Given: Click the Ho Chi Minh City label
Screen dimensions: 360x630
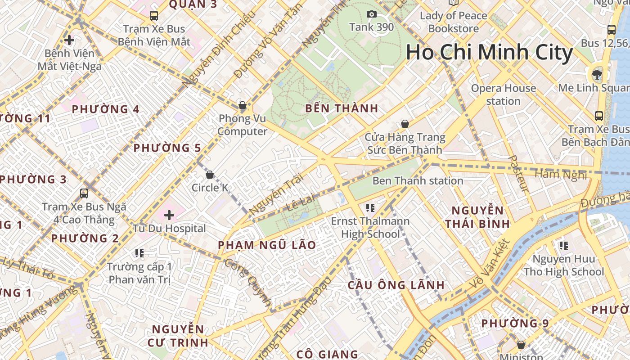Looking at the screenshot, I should click(x=489, y=52).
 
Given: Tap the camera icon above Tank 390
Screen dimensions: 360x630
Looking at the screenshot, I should click(x=371, y=14).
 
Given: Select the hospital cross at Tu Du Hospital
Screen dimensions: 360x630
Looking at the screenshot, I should click(x=169, y=215).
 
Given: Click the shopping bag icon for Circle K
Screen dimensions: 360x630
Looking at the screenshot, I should click(x=210, y=175).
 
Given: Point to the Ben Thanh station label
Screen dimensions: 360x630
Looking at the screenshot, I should click(x=418, y=181).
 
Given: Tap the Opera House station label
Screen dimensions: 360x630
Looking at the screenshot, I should click(x=503, y=94).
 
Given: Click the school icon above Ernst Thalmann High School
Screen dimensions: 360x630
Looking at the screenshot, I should click(x=370, y=207).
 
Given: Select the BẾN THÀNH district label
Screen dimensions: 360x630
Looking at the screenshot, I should click(x=342, y=108).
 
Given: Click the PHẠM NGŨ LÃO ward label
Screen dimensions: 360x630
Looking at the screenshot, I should click(x=267, y=245).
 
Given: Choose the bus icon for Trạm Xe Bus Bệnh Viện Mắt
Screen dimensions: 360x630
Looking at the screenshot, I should click(x=154, y=16).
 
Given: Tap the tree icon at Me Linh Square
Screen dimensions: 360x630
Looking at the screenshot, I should click(x=597, y=74).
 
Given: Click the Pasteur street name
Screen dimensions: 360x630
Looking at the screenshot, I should click(x=518, y=174).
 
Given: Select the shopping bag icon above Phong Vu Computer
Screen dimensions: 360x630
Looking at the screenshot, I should click(x=243, y=106).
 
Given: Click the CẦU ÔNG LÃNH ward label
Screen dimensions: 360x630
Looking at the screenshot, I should click(x=396, y=285).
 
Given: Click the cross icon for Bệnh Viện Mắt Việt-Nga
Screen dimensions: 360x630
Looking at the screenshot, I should click(x=69, y=40).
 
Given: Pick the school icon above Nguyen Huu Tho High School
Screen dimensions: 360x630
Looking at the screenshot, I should click(x=563, y=246).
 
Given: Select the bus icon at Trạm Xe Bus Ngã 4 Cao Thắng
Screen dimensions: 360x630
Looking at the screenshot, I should click(x=84, y=193).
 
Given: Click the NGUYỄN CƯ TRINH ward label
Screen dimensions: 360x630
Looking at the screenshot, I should click(x=178, y=336).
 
